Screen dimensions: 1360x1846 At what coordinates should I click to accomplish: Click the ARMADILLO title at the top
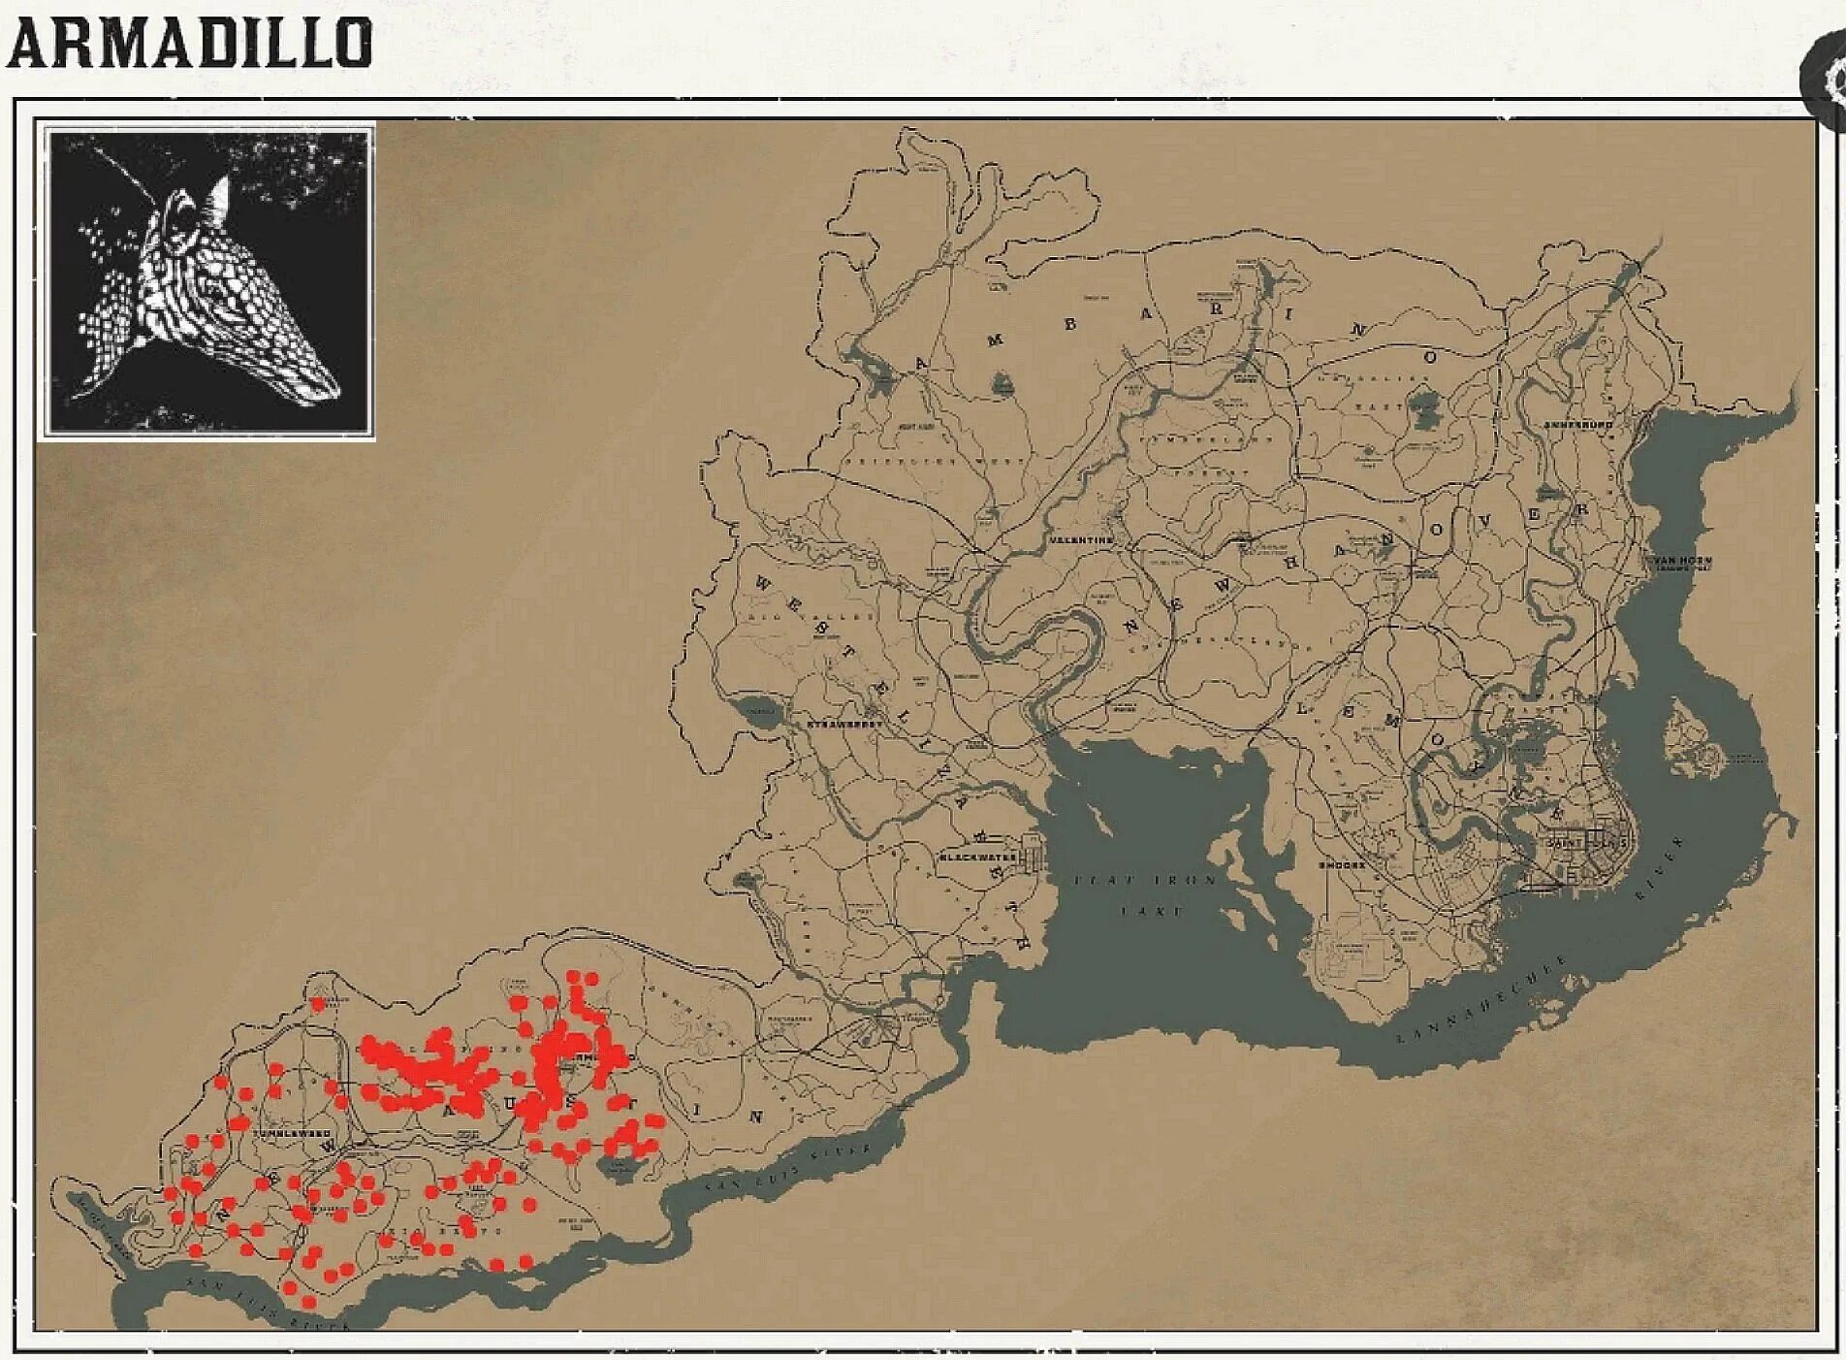tap(189, 44)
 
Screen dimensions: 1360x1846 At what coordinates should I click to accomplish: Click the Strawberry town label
tap(845, 724)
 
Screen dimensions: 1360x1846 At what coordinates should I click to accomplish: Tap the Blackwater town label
tap(978, 858)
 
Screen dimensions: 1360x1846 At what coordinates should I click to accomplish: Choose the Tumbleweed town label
tap(292, 1133)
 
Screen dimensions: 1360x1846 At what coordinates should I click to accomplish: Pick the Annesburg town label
tap(1578, 425)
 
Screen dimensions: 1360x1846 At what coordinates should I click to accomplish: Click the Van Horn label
tap(1682, 561)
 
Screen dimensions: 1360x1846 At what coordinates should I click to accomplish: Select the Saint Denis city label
tap(1587, 843)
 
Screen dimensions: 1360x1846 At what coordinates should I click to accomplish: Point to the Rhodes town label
tap(1342, 864)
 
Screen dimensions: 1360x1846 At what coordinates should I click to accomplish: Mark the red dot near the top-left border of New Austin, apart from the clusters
tap(317, 1004)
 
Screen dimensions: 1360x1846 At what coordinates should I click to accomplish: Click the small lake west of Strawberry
tap(757, 712)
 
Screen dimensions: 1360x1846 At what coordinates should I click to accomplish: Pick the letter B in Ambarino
tap(1070, 324)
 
